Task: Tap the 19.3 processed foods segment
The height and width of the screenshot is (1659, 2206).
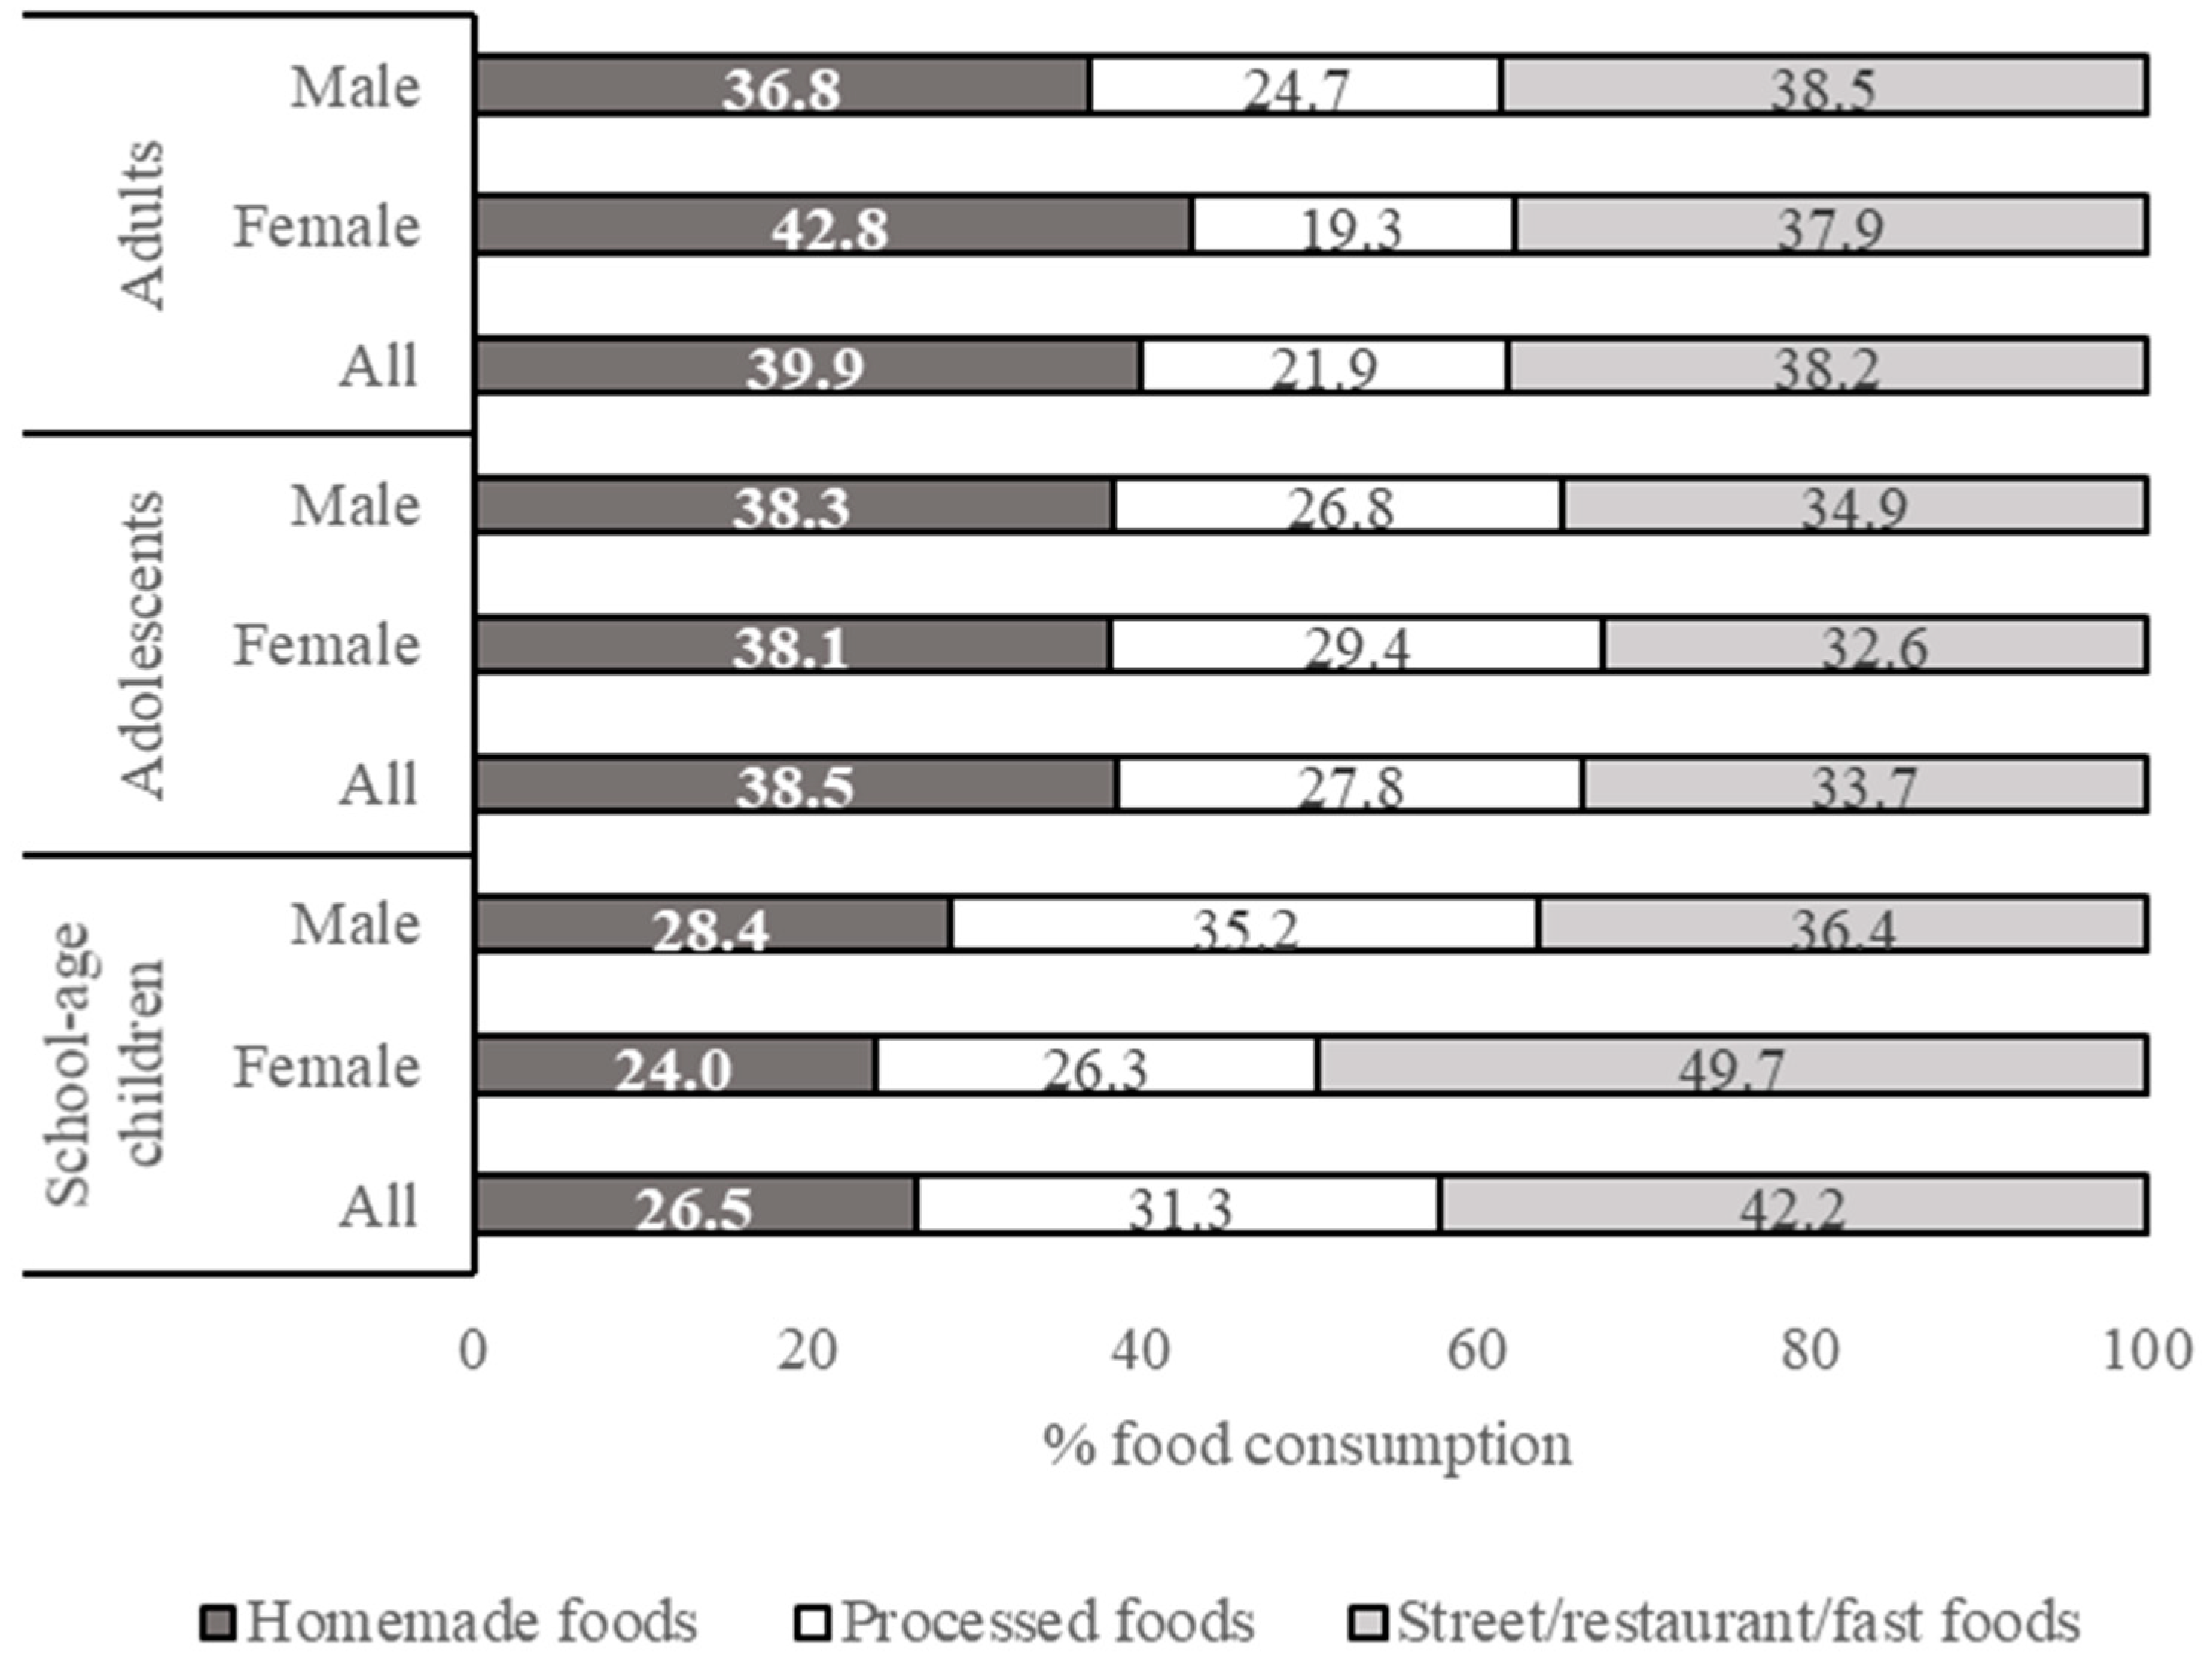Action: pos(1353,226)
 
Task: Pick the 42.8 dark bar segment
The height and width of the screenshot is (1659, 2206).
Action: pos(833,226)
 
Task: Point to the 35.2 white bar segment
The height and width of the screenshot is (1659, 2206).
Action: pos(1245,925)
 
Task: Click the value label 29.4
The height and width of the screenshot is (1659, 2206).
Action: pos(1357,651)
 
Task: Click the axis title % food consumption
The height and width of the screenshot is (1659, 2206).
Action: pos(1307,1445)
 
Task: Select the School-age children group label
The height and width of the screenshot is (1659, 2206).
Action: pos(105,1064)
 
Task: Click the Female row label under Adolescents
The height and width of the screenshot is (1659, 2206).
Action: pos(326,645)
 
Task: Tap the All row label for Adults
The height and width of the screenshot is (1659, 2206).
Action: pos(378,366)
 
